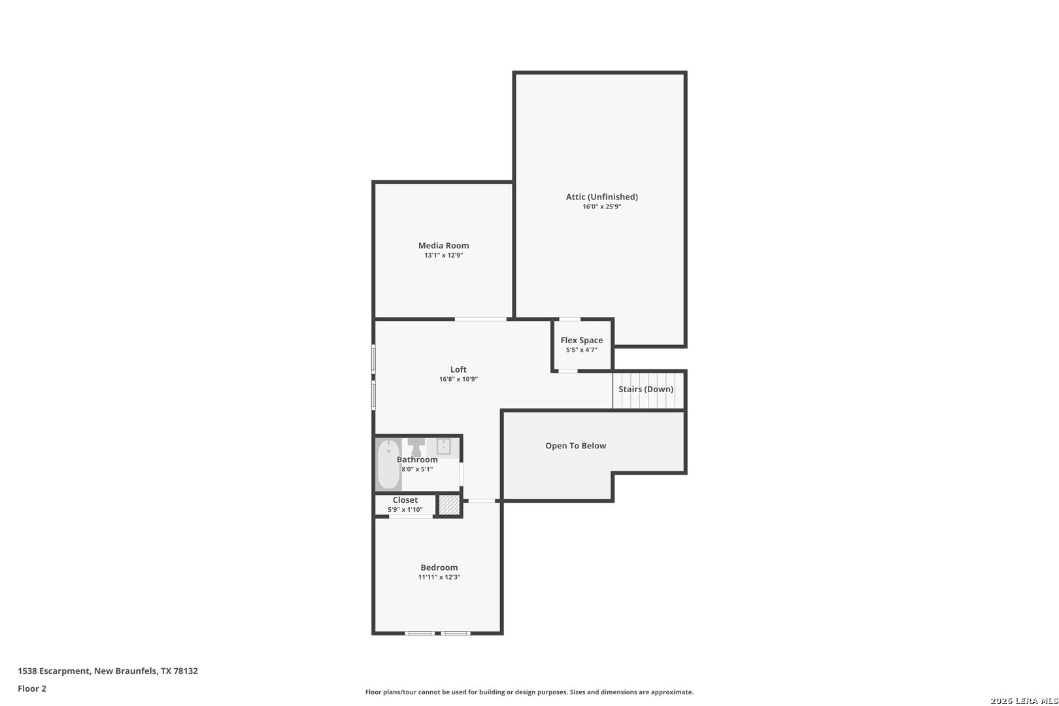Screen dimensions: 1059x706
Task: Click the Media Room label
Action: [443, 245]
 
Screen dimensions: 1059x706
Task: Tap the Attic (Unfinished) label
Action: [602, 197]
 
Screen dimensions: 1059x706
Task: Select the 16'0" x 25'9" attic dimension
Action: [602, 207]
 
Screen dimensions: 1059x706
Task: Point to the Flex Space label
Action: [582, 340]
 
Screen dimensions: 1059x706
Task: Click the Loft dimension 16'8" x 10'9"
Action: [458, 379]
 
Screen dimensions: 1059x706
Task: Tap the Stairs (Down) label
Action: [646, 389]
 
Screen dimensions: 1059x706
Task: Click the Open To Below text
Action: [575, 445]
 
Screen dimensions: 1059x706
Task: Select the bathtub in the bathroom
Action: [388, 464]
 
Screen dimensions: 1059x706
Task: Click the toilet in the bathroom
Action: [416, 447]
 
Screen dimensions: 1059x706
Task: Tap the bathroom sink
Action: [443, 446]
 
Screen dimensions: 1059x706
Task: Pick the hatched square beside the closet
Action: [449, 505]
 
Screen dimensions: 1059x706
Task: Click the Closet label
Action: [405, 500]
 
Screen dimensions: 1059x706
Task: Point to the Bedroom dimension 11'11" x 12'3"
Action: [439, 577]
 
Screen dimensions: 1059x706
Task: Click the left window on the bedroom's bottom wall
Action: [420, 633]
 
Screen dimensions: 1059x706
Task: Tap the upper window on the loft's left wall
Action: [373, 358]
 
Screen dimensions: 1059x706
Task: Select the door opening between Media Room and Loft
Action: [480, 319]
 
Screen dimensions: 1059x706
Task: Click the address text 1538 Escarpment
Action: [54, 671]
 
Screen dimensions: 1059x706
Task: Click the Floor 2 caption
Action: [32, 688]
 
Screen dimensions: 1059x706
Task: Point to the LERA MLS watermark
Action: [1024, 701]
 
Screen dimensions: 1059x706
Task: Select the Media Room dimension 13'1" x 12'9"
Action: [443, 256]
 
